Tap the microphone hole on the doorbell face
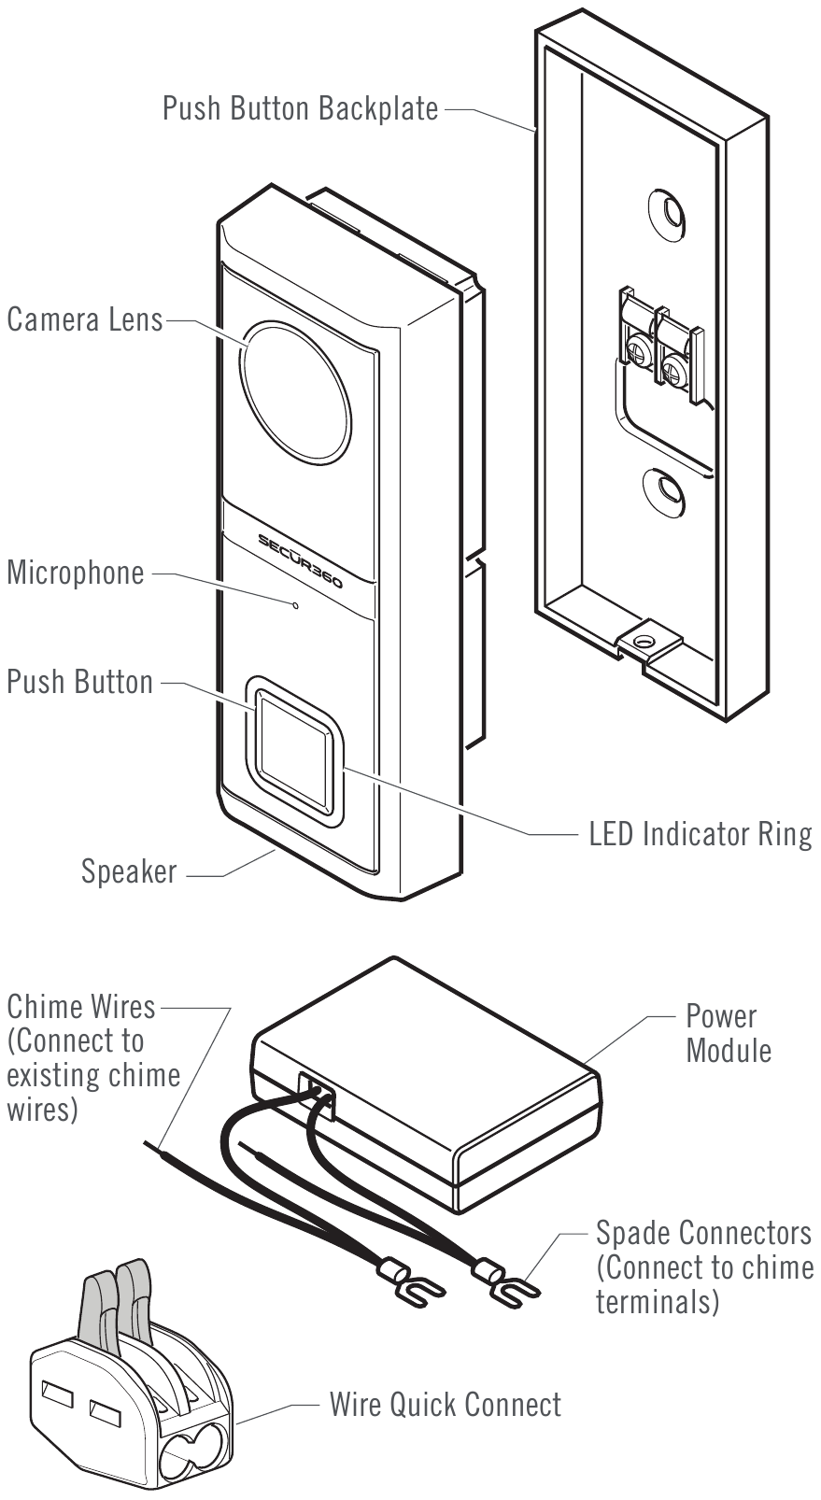click(x=295, y=605)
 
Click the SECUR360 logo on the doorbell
click(x=300, y=560)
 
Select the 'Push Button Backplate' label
click(x=300, y=108)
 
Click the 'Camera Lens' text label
click(x=84, y=319)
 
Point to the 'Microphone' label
click(x=76, y=573)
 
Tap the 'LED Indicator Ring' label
click(x=700, y=834)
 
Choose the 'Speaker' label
click(x=129, y=871)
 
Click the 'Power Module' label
click(x=728, y=1033)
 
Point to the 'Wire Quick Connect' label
click(x=445, y=1405)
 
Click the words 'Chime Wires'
click(x=81, y=1007)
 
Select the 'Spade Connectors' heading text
click(x=703, y=1233)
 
